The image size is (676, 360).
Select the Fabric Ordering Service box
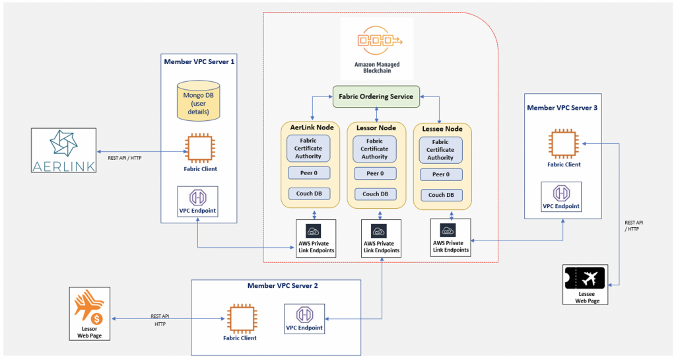click(376, 96)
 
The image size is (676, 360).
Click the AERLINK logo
click(64, 150)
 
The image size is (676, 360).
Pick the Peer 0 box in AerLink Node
click(308, 173)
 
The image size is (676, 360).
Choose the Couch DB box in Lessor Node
click(375, 194)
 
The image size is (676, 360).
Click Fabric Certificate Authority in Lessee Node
click(440, 149)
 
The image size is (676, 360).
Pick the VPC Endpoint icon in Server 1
click(198, 198)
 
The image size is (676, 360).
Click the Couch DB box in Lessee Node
click(440, 195)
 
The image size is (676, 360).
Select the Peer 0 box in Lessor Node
click(375, 173)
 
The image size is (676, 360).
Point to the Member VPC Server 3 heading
click(561, 107)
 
